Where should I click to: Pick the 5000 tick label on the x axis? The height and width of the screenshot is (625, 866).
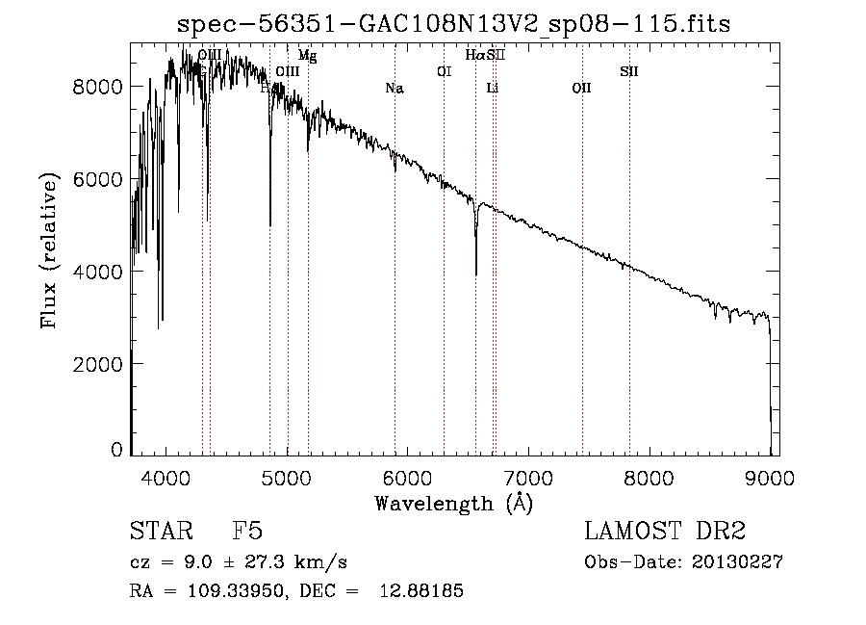286,475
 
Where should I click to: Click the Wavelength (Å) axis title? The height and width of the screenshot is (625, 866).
453,503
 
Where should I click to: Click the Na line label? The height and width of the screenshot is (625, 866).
394,89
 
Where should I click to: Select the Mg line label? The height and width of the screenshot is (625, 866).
307,56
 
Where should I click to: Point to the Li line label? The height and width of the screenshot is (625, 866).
493,89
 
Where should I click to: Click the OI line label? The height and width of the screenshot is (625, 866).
444,71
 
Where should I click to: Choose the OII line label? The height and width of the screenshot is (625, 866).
581,89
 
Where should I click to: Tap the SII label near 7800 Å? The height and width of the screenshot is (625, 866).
628,71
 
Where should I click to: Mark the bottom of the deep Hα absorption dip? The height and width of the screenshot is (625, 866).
476,274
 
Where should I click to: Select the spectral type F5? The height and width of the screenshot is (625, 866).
248,532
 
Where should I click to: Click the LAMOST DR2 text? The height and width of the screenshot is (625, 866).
665,532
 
